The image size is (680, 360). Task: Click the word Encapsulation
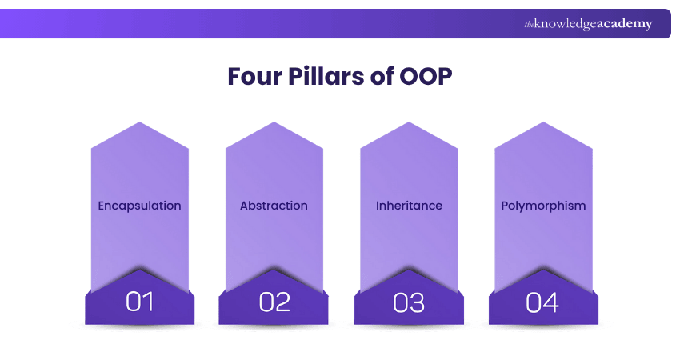(x=140, y=206)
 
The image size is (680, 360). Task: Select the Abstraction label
(x=274, y=206)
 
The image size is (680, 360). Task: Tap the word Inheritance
(x=409, y=206)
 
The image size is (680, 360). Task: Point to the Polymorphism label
(x=543, y=206)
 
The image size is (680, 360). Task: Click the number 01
(x=140, y=302)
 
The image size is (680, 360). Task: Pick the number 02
(x=274, y=302)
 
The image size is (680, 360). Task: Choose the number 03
(x=409, y=302)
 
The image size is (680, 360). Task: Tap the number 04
(x=542, y=302)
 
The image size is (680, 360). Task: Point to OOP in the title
(x=426, y=76)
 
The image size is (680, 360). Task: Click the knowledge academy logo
(x=588, y=24)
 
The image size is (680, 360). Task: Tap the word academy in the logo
(x=625, y=24)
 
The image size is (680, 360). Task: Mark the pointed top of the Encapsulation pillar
(x=140, y=122)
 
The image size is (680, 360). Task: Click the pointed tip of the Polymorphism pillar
(x=543, y=122)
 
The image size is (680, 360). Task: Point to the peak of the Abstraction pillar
(x=274, y=122)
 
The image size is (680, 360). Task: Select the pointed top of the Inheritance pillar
(x=409, y=122)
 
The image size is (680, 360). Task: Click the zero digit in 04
(x=534, y=302)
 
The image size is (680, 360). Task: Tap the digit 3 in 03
(x=417, y=302)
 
